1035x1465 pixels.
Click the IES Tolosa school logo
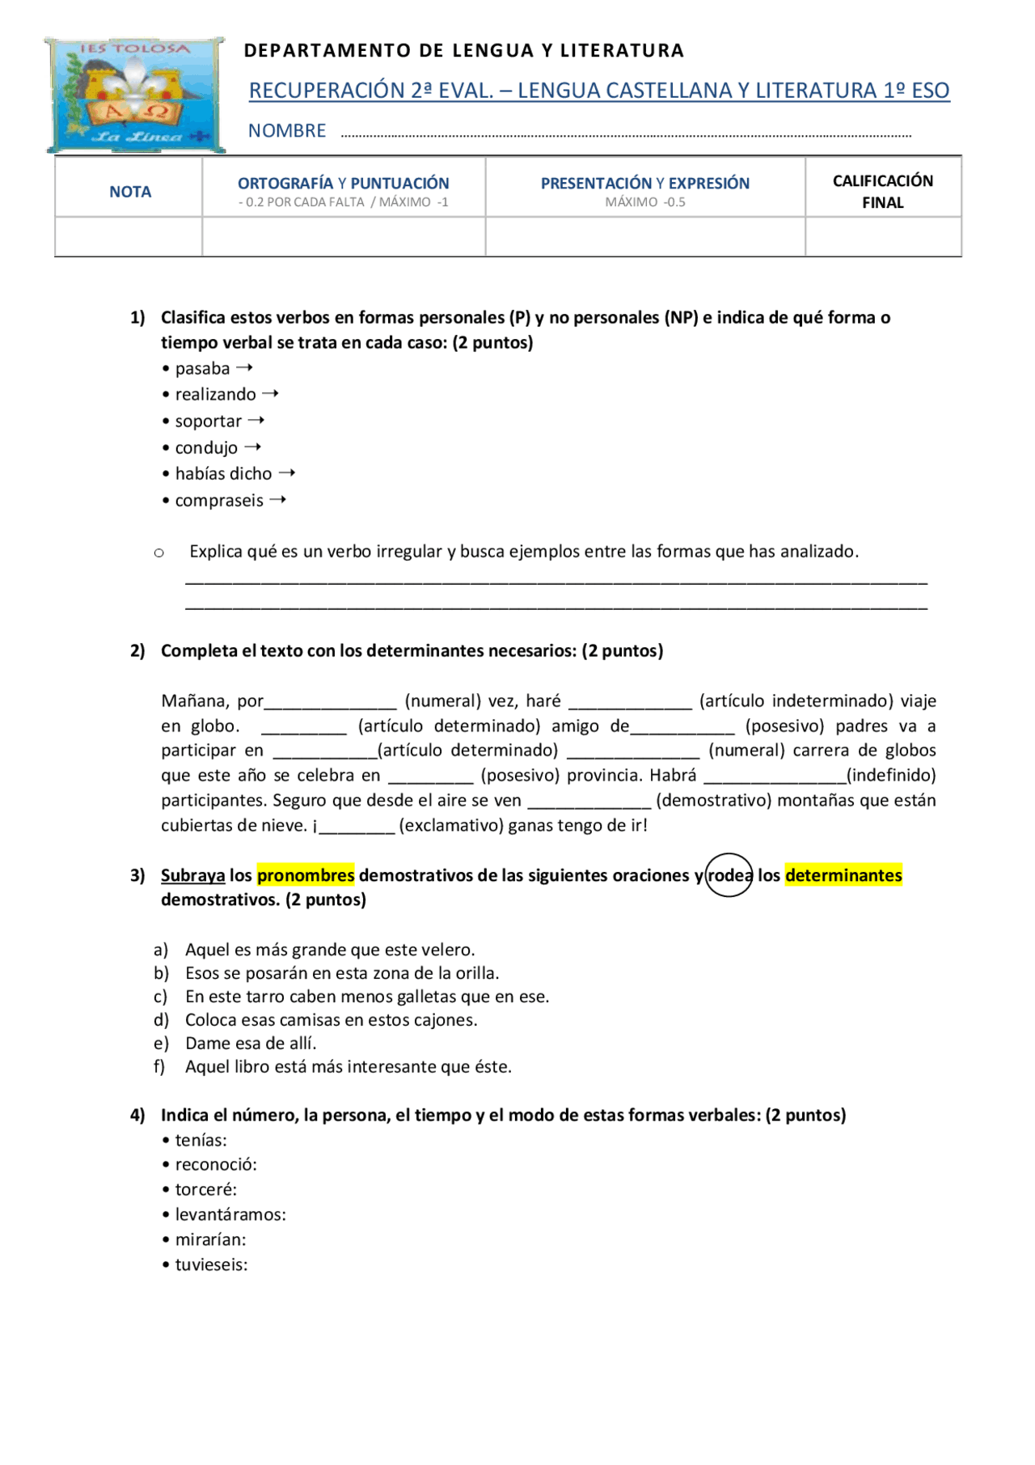pyautogui.click(x=135, y=95)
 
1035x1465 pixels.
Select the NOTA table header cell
pyautogui.click(x=130, y=192)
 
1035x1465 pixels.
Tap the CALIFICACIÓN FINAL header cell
pyautogui.click(x=882, y=191)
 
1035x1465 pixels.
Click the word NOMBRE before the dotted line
pyautogui.click(x=287, y=131)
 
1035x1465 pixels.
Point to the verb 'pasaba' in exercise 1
pyautogui.click(x=202, y=369)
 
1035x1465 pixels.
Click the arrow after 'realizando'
pyautogui.click(x=271, y=394)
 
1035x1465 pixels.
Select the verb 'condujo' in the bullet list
pyautogui.click(x=206, y=448)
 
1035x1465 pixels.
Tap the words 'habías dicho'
pyautogui.click(x=223, y=474)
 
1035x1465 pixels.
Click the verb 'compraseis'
pyautogui.click(x=219, y=501)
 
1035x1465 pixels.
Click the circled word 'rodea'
pyautogui.click(x=729, y=875)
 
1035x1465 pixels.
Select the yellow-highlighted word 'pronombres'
pyautogui.click(x=306, y=875)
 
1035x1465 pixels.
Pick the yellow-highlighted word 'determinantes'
pyautogui.click(x=843, y=875)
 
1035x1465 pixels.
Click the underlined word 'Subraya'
pyautogui.click(x=192, y=875)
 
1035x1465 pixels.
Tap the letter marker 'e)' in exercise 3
pyautogui.click(x=161, y=1044)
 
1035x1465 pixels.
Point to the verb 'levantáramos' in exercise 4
pyautogui.click(x=230, y=1215)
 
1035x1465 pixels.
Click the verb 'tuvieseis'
pyautogui.click(x=211, y=1265)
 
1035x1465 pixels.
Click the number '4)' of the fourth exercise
pyautogui.click(x=137, y=1116)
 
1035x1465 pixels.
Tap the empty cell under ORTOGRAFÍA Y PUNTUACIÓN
pyautogui.click(x=344, y=237)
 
